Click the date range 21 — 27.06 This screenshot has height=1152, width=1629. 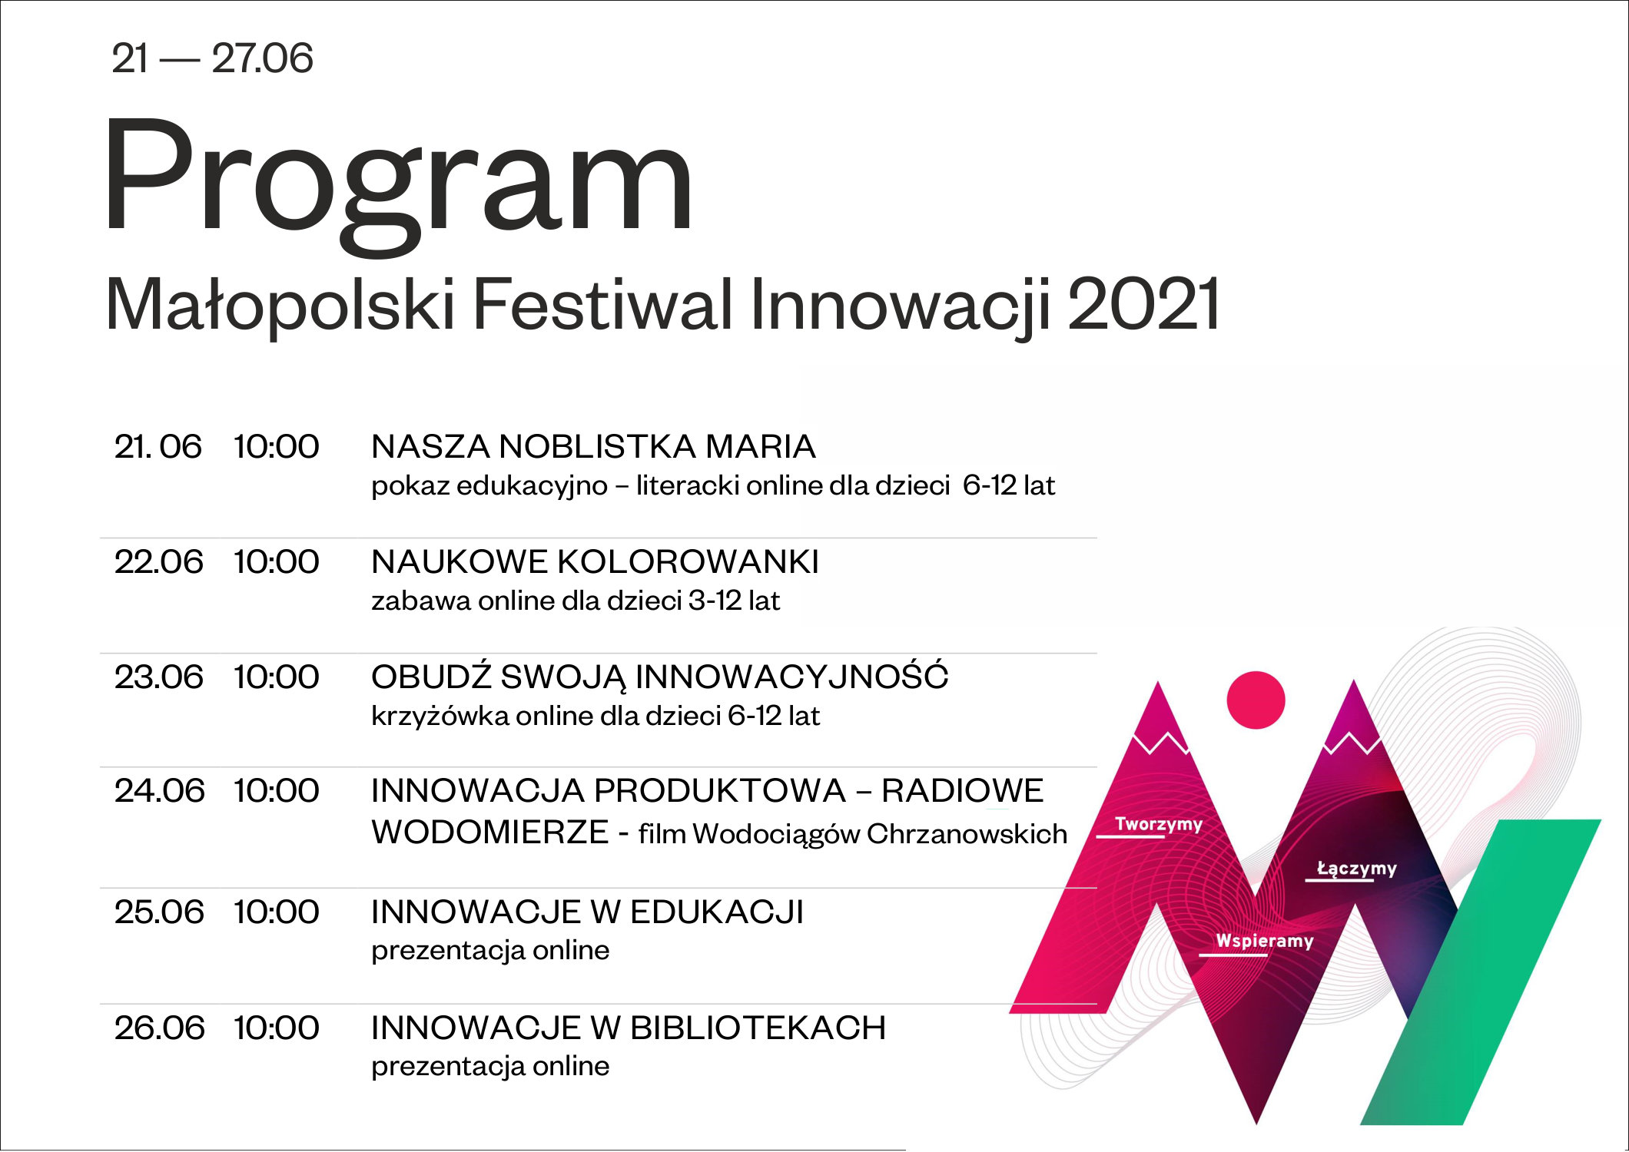click(213, 58)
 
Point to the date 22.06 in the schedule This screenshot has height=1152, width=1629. click(158, 561)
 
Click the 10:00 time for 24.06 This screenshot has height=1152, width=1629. click(276, 790)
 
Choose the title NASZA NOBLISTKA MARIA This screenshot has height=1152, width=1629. click(593, 446)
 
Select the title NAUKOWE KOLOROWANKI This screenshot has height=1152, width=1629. click(595, 561)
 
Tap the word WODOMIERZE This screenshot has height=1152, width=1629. click(490, 832)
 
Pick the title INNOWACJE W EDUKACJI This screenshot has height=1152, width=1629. click(587, 912)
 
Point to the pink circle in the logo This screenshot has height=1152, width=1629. click(1256, 700)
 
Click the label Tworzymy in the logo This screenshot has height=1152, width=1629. click(1158, 824)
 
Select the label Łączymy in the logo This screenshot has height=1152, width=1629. click(1356, 868)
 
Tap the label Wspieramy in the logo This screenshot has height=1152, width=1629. click(1264, 941)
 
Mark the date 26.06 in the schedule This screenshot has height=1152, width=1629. click(159, 1028)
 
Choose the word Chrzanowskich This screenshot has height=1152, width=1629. click(967, 834)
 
